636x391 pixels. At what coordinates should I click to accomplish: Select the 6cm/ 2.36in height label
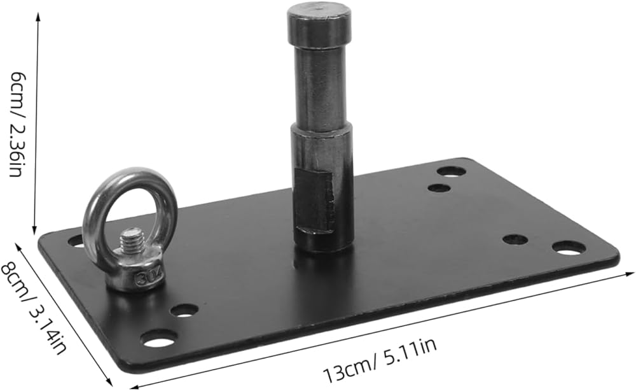(x=16, y=124)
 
